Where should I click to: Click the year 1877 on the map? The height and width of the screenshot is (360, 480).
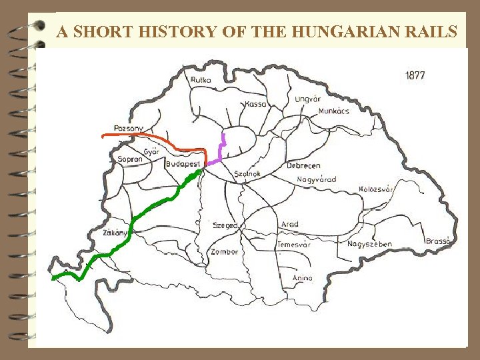[415, 75]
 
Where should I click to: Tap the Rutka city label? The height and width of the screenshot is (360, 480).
[201, 80]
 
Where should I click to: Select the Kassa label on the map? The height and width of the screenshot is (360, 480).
[255, 104]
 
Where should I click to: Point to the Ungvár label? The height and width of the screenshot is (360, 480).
[307, 99]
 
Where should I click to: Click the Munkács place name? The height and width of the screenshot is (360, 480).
[334, 111]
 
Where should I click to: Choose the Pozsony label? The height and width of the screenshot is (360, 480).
[129, 128]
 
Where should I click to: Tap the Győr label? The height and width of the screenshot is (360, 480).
[151, 151]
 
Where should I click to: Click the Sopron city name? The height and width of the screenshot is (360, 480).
[130, 159]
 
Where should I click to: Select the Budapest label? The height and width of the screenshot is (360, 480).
[183, 164]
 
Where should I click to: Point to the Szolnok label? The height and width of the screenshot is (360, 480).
[247, 174]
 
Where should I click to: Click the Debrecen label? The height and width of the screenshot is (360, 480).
[303, 165]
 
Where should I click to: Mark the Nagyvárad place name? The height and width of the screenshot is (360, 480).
[317, 179]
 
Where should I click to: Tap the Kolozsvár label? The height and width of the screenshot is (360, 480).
[377, 189]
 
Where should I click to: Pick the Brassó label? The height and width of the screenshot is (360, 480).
[439, 241]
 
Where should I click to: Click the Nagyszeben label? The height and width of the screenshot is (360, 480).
[369, 244]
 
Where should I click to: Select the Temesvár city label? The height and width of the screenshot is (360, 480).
[294, 245]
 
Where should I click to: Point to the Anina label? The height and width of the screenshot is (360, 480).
[303, 278]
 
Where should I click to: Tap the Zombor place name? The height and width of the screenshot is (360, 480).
[224, 252]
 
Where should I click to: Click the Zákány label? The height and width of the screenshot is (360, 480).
[115, 233]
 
